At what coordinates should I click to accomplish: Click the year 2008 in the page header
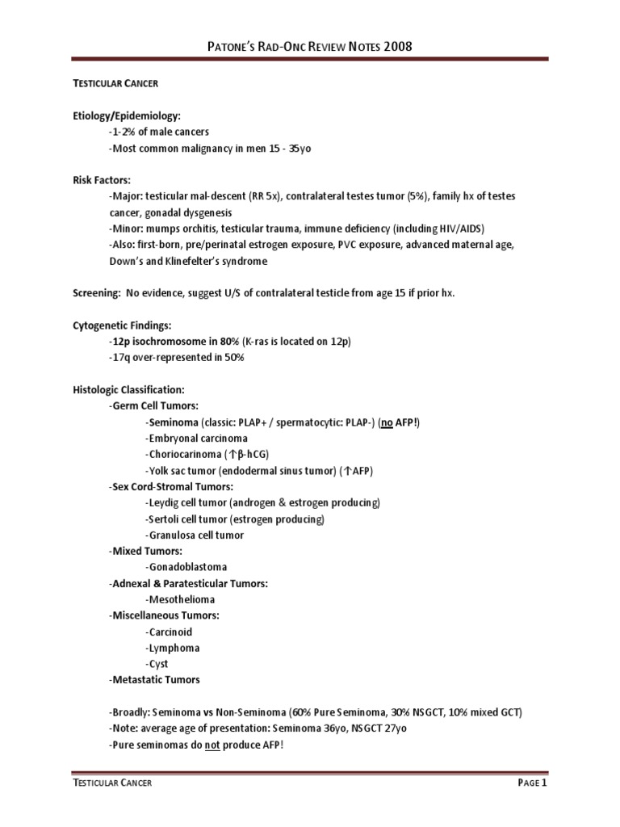point(397,47)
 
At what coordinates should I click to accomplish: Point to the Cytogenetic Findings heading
point(122,325)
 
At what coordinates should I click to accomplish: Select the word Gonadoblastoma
point(186,567)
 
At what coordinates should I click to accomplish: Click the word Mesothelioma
point(182,599)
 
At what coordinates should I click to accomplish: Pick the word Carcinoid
point(170,632)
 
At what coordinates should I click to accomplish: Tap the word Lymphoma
point(173,648)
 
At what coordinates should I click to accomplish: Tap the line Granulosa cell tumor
point(195,535)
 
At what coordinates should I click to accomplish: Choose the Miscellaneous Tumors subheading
point(164,615)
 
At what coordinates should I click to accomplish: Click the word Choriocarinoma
point(185,455)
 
